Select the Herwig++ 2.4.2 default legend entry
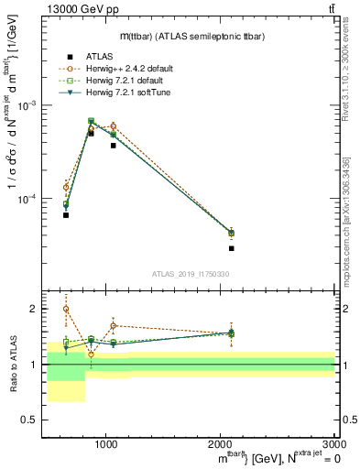[123, 69]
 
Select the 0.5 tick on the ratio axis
[31, 420]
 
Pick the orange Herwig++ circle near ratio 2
[66, 309]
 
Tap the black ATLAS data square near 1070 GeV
[114, 146]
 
